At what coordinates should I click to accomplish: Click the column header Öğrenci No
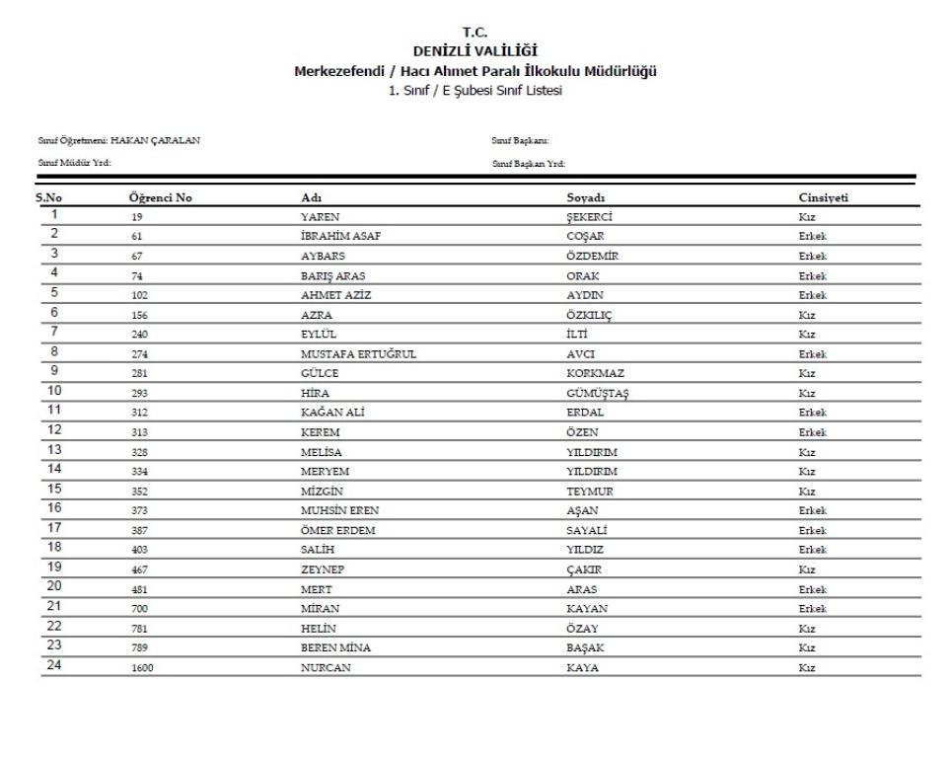[x=161, y=198]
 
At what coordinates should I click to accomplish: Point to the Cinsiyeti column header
[x=825, y=198]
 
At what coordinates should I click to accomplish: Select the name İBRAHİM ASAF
[x=340, y=237]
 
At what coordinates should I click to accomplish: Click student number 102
[x=139, y=295]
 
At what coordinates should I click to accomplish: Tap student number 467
[x=139, y=569]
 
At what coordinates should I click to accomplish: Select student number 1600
[x=142, y=667]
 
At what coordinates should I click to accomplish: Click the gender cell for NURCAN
[x=807, y=667]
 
